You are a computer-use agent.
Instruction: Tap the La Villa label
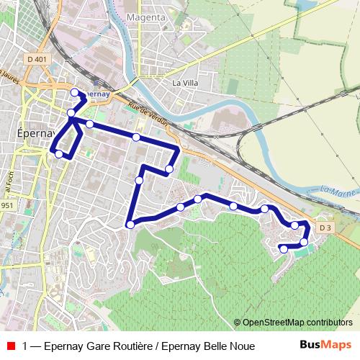coord(184,84)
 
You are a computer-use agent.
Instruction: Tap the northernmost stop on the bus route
coord(74,91)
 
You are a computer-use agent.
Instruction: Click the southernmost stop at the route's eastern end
coord(284,249)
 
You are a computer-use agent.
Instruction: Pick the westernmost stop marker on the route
coord(58,153)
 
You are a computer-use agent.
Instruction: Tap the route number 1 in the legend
coord(26,346)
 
